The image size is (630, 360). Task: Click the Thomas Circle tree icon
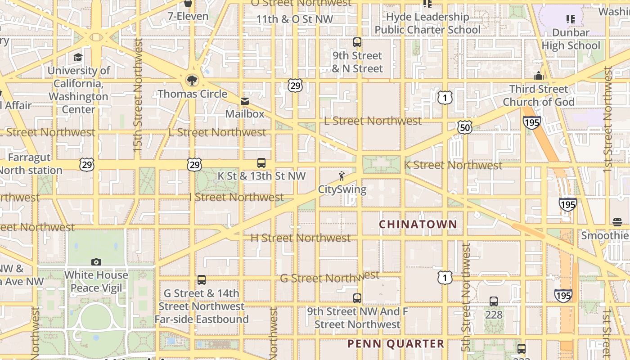(x=192, y=81)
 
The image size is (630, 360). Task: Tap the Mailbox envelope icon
(x=245, y=101)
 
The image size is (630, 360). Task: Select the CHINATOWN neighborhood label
(x=418, y=224)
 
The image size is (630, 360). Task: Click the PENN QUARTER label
(x=396, y=344)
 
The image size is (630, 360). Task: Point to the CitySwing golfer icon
(x=342, y=176)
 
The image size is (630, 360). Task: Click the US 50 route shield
(x=465, y=127)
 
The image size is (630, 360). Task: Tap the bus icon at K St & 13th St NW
(x=261, y=163)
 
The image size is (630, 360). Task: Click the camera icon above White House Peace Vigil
(x=96, y=262)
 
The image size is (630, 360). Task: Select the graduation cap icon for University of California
(x=78, y=58)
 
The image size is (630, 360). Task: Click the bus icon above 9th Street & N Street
(x=357, y=43)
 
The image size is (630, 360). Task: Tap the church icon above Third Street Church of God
(x=539, y=76)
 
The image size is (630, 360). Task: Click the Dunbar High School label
(x=571, y=39)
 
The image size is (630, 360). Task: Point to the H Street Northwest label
(x=301, y=238)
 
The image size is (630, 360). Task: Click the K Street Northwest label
(x=453, y=165)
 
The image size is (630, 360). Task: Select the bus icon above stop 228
(x=494, y=301)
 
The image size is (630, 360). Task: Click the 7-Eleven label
(x=188, y=17)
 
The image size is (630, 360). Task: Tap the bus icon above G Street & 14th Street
(x=202, y=280)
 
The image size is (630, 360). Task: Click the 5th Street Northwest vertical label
(x=466, y=297)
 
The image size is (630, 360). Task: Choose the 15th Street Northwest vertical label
(x=138, y=94)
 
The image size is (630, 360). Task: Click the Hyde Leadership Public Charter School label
(x=427, y=23)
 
